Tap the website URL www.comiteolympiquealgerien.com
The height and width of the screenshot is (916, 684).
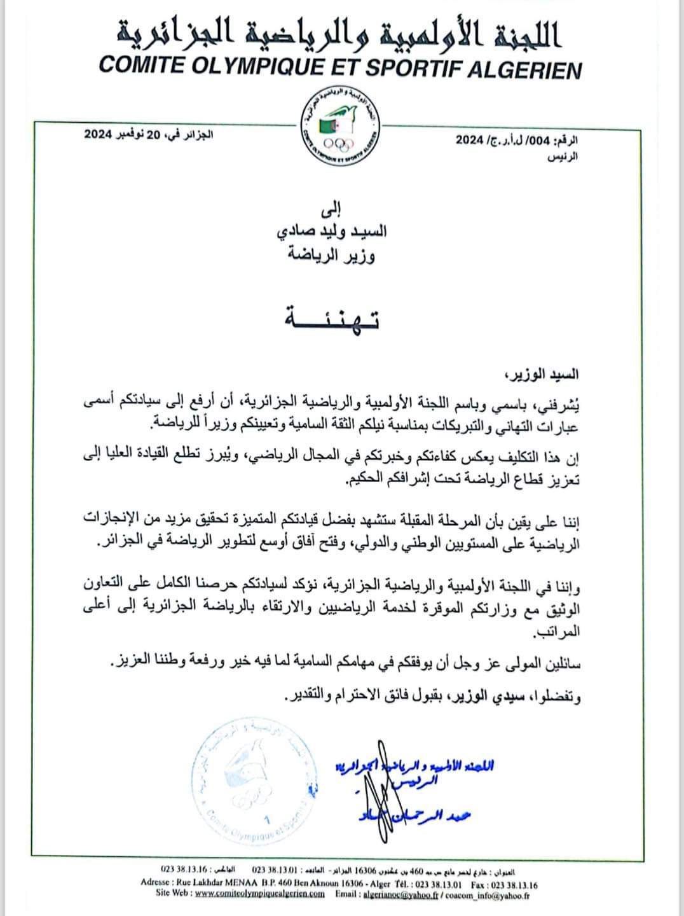(259, 894)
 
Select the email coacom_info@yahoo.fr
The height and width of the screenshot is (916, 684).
(482, 894)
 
